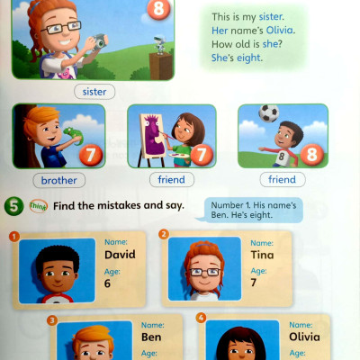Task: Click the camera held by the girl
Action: coord(100,41)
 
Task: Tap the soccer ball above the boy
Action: coord(269,112)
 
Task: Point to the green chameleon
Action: coord(72,135)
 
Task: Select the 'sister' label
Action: coord(94,92)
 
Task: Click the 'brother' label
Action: coord(58,180)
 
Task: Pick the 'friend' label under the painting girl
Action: coord(172,180)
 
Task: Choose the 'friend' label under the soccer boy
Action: coord(283,179)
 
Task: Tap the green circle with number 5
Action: coord(13,206)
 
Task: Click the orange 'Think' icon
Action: coord(39,206)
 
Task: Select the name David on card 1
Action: coord(120,255)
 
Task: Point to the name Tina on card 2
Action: coord(262,255)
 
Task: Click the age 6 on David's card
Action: coord(107,283)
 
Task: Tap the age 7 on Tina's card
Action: coord(254,283)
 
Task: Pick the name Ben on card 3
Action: coord(151,337)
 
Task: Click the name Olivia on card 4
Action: coord(304,337)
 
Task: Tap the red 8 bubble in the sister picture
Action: coord(158,8)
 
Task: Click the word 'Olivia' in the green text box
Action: coord(279,31)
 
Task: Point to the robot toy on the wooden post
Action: coord(159,45)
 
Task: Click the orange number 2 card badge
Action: coord(164,234)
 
